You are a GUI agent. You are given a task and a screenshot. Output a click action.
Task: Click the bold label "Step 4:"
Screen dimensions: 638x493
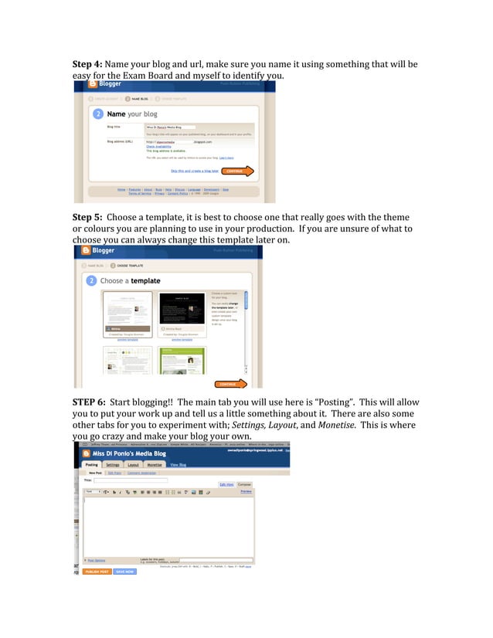pyautogui.click(x=87, y=63)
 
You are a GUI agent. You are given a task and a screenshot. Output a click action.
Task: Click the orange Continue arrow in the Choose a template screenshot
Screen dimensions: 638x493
pyautogui.click(x=230, y=383)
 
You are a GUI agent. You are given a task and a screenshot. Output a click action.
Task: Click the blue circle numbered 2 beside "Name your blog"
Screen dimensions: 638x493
pyautogui.click(x=98, y=114)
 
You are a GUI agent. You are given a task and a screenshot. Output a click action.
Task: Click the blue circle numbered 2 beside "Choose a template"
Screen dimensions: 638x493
pyautogui.click(x=92, y=280)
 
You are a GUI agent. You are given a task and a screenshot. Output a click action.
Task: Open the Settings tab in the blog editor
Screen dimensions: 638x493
pyautogui.click(x=113, y=465)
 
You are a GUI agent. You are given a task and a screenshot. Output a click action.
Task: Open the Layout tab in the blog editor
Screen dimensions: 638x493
pyautogui.click(x=133, y=465)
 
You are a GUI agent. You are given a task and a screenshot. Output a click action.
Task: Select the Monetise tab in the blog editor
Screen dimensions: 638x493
pyautogui.click(x=155, y=465)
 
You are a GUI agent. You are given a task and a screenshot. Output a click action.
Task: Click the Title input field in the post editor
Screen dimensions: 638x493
pyautogui.click(x=131, y=480)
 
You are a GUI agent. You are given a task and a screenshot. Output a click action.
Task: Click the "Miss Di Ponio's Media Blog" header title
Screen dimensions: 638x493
pyautogui.click(x=129, y=454)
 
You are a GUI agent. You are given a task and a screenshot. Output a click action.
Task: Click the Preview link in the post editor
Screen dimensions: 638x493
pyautogui.click(x=246, y=491)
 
